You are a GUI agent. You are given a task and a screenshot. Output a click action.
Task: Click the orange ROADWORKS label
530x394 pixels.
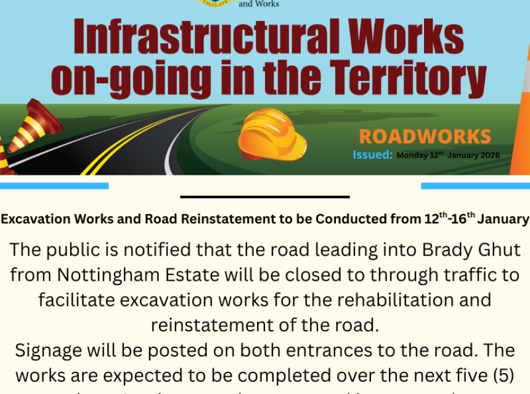[425, 137]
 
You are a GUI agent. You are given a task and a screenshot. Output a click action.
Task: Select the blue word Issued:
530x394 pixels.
[372, 155]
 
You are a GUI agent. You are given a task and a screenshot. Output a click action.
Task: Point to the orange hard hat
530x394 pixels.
[272, 134]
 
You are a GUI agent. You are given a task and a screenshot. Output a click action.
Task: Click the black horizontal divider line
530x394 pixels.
[265, 197]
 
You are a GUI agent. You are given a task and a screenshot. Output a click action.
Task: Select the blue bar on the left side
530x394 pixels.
[54, 185]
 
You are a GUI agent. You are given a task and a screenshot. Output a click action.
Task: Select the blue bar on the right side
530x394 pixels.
[475, 185]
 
